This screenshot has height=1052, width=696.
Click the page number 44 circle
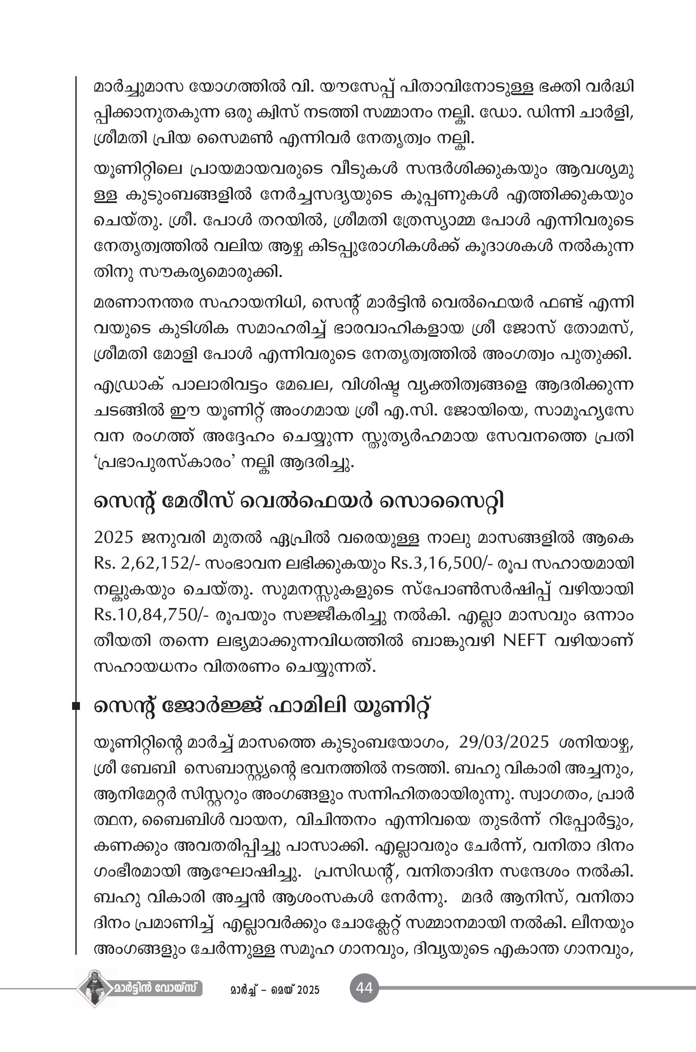point(364,988)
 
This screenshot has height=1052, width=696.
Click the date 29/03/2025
point(504,742)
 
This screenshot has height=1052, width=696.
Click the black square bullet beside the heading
point(76,706)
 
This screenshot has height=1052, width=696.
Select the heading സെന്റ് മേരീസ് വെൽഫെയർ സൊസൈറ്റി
point(299,502)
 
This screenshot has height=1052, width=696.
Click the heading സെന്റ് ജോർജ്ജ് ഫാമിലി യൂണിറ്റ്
point(262,707)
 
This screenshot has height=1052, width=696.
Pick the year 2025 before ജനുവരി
point(114,537)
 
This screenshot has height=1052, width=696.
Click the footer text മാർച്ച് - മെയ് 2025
point(275,990)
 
